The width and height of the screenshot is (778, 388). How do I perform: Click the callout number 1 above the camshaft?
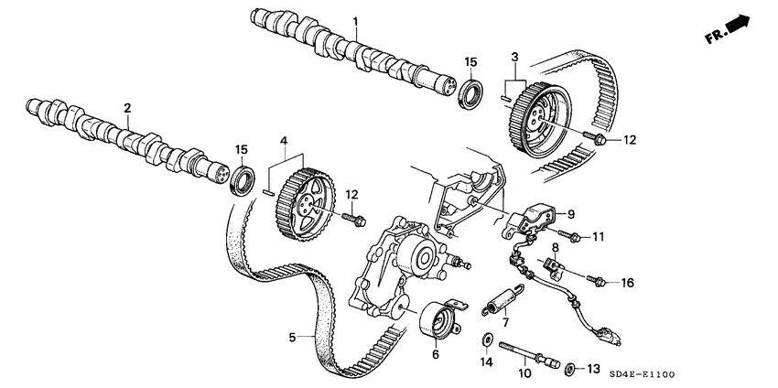pyautogui.click(x=357, y=21)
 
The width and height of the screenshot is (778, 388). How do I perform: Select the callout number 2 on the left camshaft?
pyautogui.click(x=129, y=108)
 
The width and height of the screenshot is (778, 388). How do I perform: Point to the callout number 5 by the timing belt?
pyautogui.click(x=292, y=338)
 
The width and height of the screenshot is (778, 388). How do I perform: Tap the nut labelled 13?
pyautogui.click(x=570, y=368)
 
